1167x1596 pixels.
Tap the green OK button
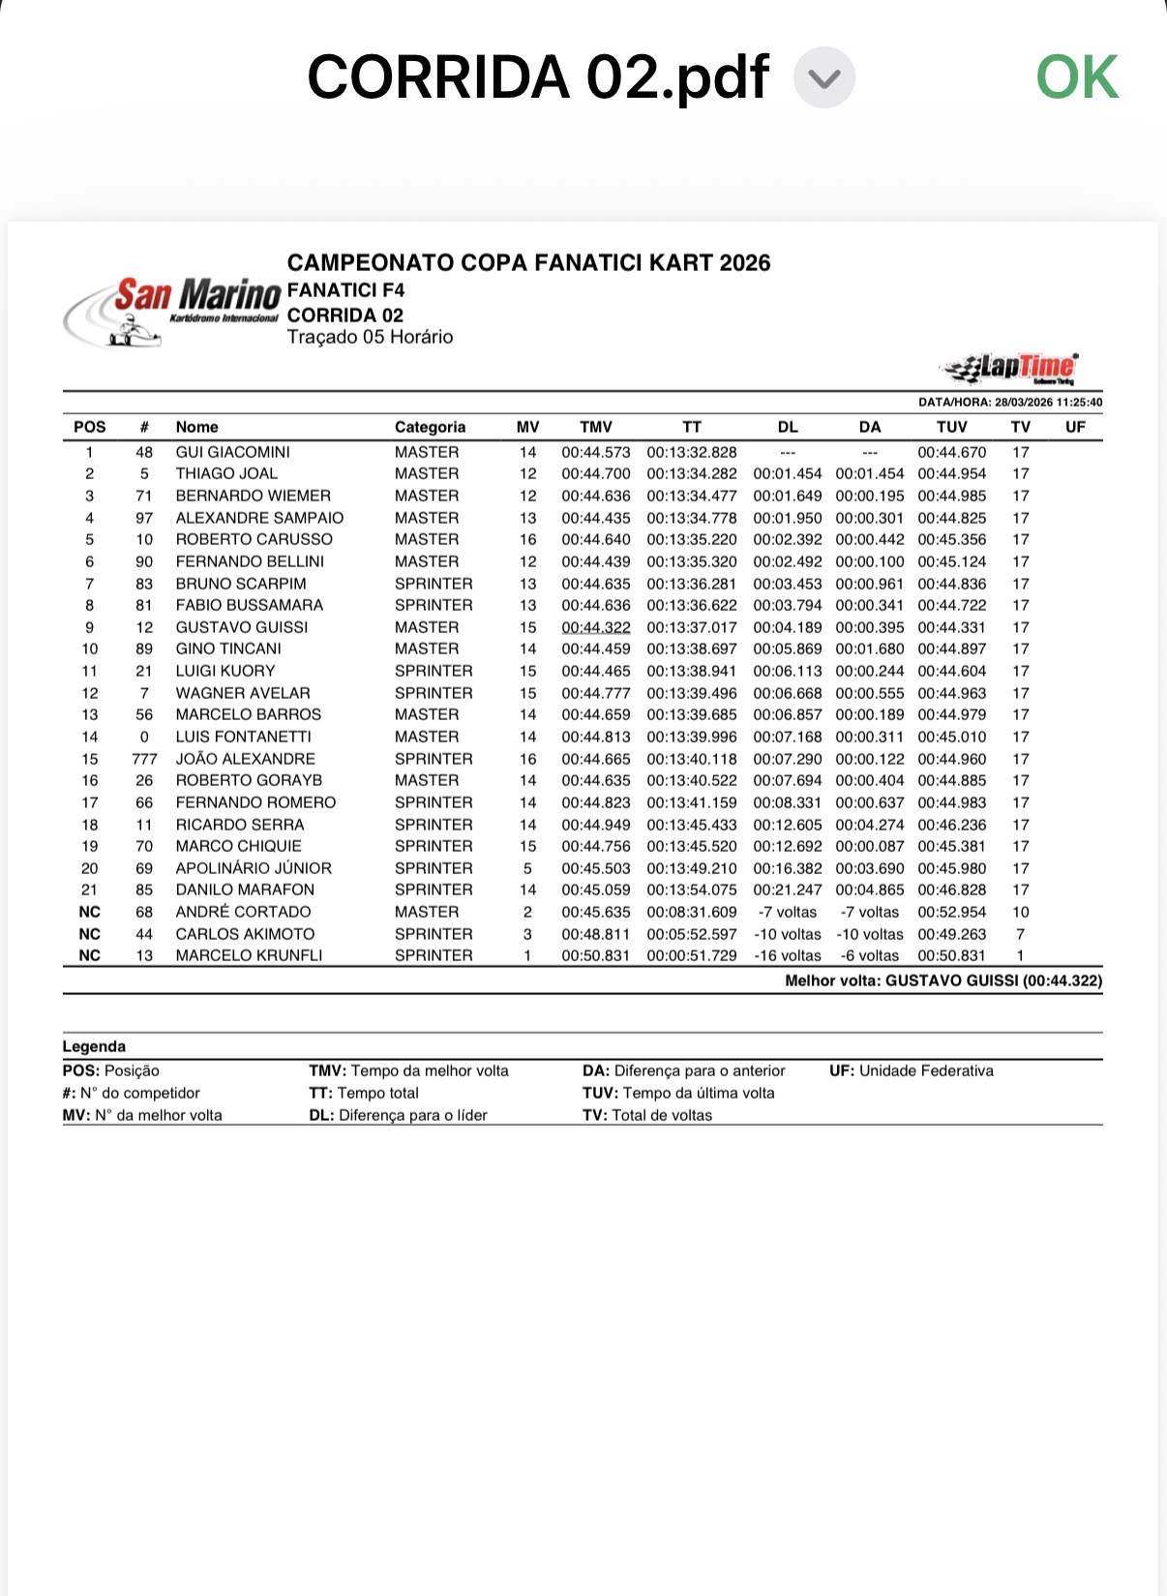(x=1077, y=77)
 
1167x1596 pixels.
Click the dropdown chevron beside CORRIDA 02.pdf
(x=823, y=78)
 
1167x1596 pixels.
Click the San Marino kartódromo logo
(x=172, y=311)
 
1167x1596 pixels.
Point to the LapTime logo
(x=1009, y=368)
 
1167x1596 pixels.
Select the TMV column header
(x=595, y=427)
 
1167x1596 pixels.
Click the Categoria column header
(x=430, y=427)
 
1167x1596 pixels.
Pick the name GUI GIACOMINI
(x=232, y=452)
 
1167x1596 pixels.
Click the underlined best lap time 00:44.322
(x=595, y=627)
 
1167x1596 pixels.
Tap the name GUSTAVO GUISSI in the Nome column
(x=241, y=627)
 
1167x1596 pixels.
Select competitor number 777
(x=144, y=759)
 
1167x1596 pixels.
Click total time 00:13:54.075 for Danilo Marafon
(x=691, y=889)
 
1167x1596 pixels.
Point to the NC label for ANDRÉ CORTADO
(x=90, y=912)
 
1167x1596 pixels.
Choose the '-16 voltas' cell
(x=787, y=955)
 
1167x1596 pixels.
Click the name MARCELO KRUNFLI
(x=249, y=955)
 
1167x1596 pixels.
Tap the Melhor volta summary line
(x=943, y=980)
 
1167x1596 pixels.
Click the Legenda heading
(x=94, y=1046)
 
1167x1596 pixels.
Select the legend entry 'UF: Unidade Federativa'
(x=911, y=1070)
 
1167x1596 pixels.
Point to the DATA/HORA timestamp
(x=1009, y=403)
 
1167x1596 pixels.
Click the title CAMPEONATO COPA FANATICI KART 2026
(x=528, y=263)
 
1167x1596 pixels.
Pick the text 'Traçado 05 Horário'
(x=370, y=337)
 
